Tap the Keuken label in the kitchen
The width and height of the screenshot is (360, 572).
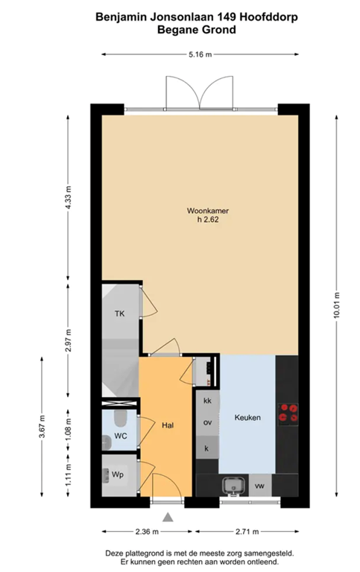click(247, 418)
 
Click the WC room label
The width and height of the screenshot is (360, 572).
click(119, 437)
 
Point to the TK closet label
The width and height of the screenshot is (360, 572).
click(119, 314)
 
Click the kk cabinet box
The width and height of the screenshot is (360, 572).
click(207, 401)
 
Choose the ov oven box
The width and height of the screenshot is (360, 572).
click(207, 423)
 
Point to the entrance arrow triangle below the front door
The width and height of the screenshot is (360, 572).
click(169, 517)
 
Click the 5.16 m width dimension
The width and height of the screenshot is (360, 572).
click(199, 54)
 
